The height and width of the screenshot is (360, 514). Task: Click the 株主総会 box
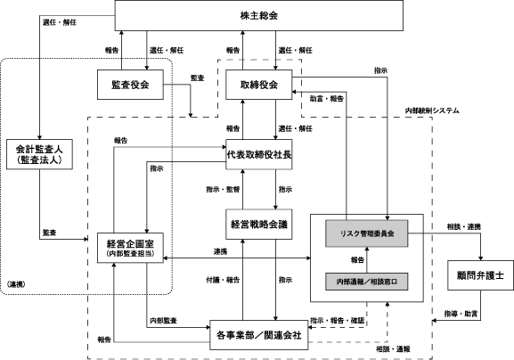[x=258, y=15]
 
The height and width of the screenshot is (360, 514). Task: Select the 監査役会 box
[x=130, y=85]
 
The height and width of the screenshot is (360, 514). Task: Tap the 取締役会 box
[x=258, y=85]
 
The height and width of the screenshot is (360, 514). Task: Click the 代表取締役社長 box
[x=258, y=154]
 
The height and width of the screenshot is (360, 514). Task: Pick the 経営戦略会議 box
[x=258, y=225]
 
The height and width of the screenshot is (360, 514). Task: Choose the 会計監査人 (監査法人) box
[x=39, y=154]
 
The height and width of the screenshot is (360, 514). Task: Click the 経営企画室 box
[x=130, y=248]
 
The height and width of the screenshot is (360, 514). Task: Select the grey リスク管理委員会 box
[x=366, y=233]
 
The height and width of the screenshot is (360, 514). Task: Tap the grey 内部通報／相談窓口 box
[x=366, y=282]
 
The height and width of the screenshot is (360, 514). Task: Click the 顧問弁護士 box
[x=480, y=275]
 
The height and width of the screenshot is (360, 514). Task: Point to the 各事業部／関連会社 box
[x=258, y=335]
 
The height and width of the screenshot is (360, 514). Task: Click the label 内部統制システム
[x=432, y=110]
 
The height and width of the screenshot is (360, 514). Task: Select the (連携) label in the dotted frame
[x=16, y=284]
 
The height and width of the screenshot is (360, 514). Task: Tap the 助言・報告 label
[x=327, y=99]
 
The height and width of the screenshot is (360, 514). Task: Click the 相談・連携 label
[x=464, y=226]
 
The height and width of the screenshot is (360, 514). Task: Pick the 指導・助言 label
[x=461, y=314]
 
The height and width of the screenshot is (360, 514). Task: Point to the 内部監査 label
[x=164, y=320]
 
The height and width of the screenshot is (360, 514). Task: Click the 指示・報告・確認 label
[x=338, y=320]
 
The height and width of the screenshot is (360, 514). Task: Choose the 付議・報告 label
[x=223, y=280]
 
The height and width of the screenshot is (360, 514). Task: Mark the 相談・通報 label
[x=393, y=349]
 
